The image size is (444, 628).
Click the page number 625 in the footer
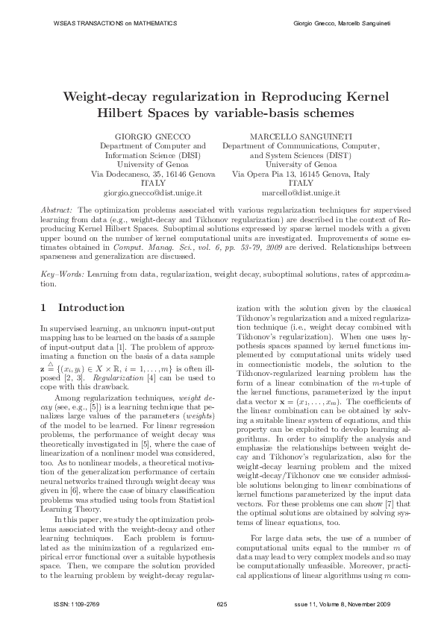(222, 603)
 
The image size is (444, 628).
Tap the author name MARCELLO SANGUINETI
(301, 137)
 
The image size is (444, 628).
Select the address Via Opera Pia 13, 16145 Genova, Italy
(301, 173)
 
